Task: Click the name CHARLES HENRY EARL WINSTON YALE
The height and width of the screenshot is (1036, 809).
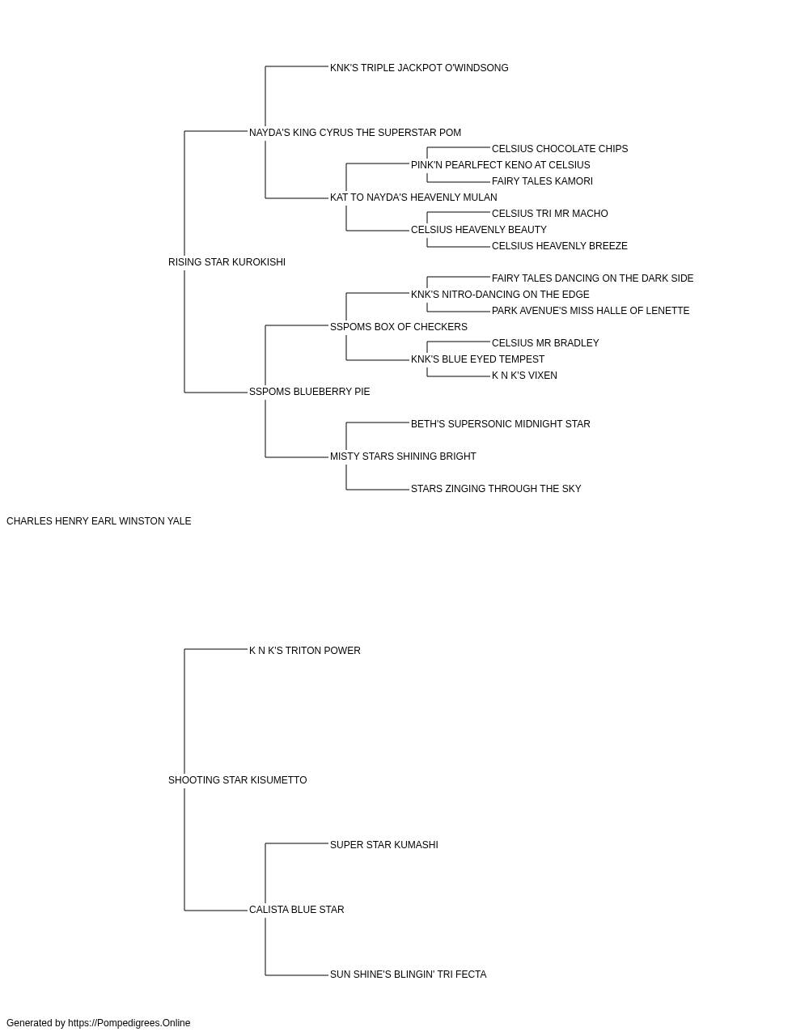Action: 99,521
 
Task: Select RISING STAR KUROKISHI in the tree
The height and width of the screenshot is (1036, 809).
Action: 227,262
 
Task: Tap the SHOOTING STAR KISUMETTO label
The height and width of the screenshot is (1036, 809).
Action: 237,780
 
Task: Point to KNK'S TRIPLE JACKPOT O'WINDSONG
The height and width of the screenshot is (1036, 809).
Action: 419,68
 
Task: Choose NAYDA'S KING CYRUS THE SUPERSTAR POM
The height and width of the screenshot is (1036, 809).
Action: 355,133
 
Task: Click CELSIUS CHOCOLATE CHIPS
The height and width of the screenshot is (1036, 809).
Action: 560,149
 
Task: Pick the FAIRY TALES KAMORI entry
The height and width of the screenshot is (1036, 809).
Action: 542,181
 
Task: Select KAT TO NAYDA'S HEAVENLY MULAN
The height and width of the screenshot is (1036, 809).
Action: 413,197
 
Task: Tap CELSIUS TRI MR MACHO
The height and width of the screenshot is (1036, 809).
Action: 550,214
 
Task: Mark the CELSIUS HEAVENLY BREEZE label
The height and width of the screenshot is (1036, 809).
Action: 560,246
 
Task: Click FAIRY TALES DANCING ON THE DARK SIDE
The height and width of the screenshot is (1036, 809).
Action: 593,278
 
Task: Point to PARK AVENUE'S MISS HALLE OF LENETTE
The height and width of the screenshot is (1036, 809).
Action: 591,311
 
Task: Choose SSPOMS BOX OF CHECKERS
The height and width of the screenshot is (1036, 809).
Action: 399,327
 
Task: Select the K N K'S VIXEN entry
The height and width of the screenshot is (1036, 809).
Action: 524,376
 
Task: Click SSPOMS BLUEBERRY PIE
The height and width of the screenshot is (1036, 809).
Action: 310,392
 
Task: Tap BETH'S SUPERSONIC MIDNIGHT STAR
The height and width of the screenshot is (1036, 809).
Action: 501,424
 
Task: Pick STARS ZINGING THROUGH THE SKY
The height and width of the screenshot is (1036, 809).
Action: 496,489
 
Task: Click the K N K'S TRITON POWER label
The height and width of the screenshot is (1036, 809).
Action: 305,651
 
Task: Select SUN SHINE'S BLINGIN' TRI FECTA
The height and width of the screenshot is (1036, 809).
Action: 409,974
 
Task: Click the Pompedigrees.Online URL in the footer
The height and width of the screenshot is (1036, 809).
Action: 129,1023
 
